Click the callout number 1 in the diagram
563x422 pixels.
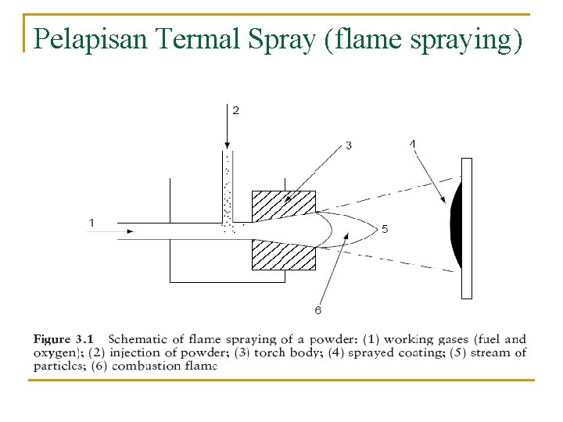[x=91, y=223]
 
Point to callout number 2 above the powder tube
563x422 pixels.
[x=236, y=110]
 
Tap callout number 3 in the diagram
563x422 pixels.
[x=349, y=145]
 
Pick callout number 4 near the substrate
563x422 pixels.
[x=413, y=143]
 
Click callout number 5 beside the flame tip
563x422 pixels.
[x=385, y=229]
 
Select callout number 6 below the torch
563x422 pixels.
[x=318, y=310]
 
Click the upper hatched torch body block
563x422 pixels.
[x=283, y=205]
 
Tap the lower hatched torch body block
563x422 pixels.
[x=283, y=255]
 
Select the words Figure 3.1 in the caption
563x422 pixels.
[x=63, y=339]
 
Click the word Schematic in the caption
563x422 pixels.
[x=138, y=339]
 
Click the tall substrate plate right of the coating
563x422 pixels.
[x=467, y=228]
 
